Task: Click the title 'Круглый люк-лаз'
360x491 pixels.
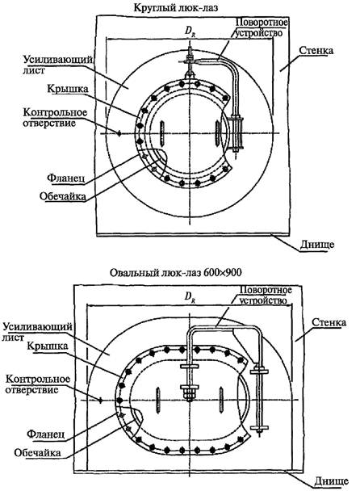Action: tap(176, 7)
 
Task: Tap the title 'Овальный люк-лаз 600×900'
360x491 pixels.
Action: tap(176, 272)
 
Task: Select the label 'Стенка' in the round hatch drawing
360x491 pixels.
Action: tap(316, 50)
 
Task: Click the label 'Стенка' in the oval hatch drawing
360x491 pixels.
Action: tap(329, 322)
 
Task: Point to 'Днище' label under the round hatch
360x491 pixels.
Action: tap(317, 244)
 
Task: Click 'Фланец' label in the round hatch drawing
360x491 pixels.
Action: tap(65, 178)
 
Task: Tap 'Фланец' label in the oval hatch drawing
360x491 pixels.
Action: tap(46, 434)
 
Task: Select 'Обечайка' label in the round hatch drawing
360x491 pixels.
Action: tap(63, 196)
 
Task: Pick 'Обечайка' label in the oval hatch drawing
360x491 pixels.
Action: tap(38, 452)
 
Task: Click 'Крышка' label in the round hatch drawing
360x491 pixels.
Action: tap(68, 89)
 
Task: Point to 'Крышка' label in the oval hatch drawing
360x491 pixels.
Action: tap(48, 346)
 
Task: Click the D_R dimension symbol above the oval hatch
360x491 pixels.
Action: tap(190, 296)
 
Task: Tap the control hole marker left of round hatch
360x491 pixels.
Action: tap(119, 133)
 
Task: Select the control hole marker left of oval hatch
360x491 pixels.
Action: tap(100, 401)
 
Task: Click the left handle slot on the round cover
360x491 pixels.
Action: tap(161, 133)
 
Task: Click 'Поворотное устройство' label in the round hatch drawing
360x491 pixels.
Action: tap(261, 27)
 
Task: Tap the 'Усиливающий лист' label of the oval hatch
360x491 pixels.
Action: tap(38, 332)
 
